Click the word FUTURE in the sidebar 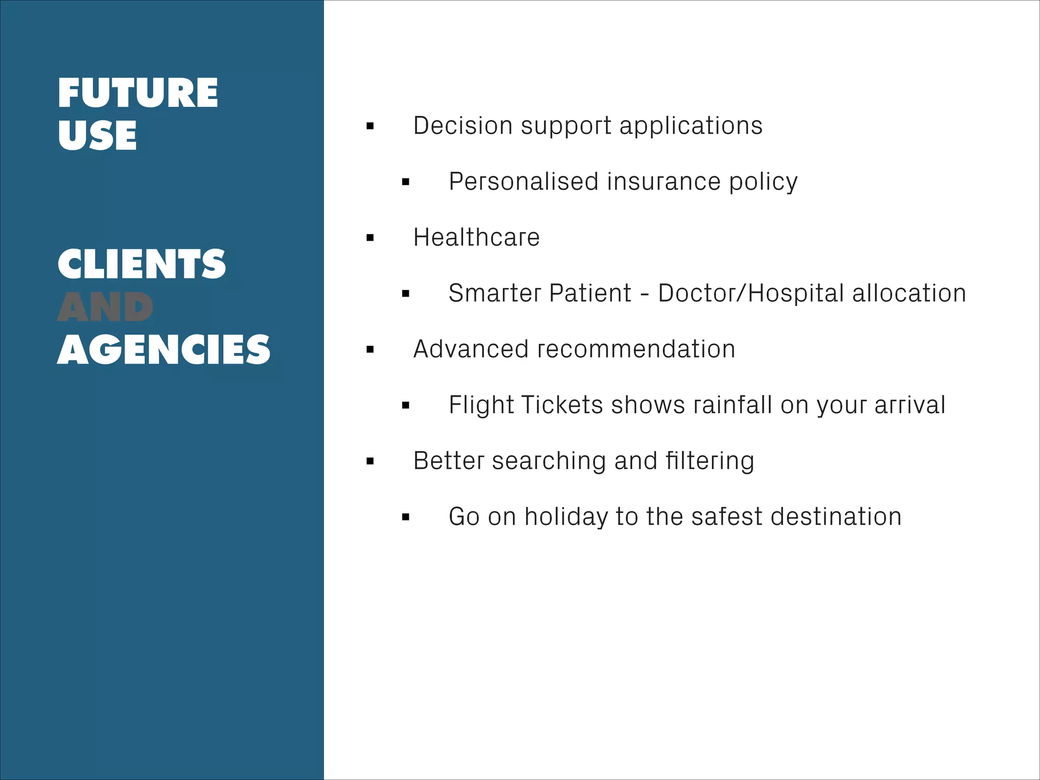[138, 93]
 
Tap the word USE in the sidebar [97, 136]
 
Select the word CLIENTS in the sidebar [142, 264]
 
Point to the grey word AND [105, 307]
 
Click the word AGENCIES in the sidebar [164, 350]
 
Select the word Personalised [524, 181]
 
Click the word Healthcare [476, 237]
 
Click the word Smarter [494, 293]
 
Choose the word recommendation [636, 349]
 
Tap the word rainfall [733, 405]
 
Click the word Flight [481, 405]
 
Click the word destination [836, 516]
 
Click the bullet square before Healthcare [370, 238]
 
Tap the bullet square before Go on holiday [405, 517]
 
